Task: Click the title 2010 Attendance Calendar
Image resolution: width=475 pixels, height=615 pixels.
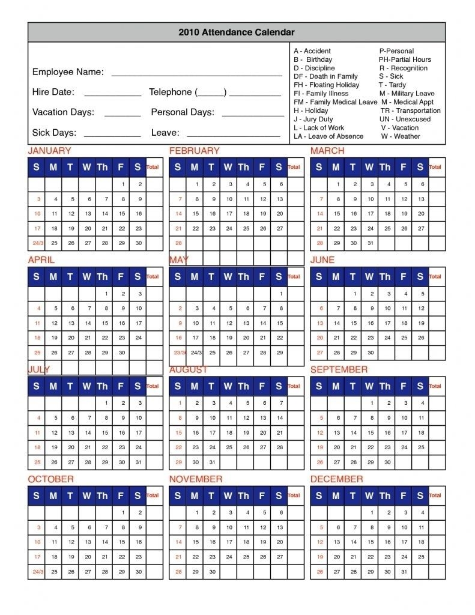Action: pyautogui.click(x=237, y=32)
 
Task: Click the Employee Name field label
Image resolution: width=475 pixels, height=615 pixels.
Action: pyautogui.click(x=68, y=72)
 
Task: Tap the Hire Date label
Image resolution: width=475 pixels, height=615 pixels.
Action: pyautogui.click(x=53, y=92)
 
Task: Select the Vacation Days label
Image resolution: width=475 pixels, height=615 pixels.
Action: pyautogui.click(x=63, y=112)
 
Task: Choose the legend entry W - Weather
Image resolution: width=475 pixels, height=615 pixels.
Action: pyautogui.click(x=401, y=136)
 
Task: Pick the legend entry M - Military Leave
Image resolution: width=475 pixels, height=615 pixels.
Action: pyautogui.click(x=407, y=94)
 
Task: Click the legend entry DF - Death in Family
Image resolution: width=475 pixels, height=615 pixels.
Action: pyautogui.click(x=325, y=76)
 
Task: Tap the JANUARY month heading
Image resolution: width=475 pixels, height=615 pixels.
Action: pyautogui.click(x=49, y=151)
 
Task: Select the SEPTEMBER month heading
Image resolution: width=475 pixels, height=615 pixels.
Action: pyautogui.click(x=339, y=370)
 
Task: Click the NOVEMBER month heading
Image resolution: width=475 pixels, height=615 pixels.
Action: pyautogui.click(x=196, y=479)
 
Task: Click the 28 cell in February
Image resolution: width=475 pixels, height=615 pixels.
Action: pyautogui.click(x=178, y=243)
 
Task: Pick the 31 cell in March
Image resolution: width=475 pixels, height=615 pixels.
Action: pyautogui.click(x=371, y=243)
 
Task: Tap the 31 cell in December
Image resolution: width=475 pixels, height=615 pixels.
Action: pyautogui.click(x=405, y=572)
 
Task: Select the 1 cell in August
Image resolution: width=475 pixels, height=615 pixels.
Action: pyautogui.click(x=178, y=403)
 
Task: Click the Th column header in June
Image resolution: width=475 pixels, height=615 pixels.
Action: pyautogui.click(x=385, y=277)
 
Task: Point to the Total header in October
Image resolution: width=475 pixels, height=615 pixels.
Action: pyautogui.click(x=153, y=495)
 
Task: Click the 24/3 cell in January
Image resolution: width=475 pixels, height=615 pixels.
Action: pyautogui.click(x=37, y=243)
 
